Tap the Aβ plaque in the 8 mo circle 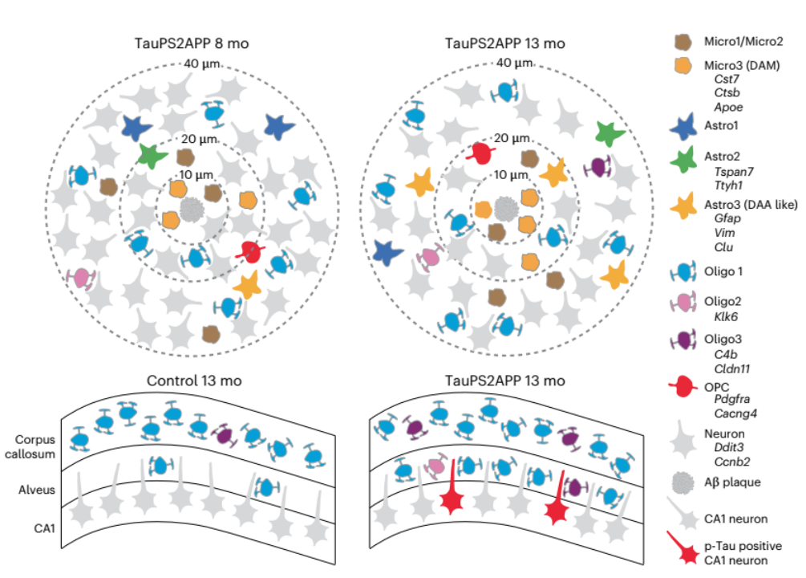click(191, 211)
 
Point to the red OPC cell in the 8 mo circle click(250, 251)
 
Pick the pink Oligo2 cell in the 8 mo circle click(81, 279)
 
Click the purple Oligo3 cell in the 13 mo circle click(597, 167)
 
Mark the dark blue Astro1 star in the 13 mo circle click(388, 252)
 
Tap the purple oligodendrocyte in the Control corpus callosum click(225, 435)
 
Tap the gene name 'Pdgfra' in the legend click(731, 399)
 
